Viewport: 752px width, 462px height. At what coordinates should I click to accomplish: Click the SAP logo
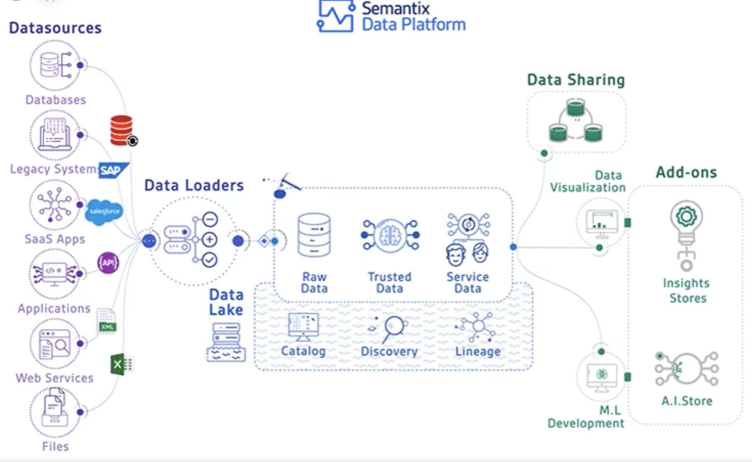pos(113,170)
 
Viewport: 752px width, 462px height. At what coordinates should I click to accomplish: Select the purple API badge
pos(108,263)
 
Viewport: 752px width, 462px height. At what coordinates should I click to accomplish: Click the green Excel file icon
pos(121,364)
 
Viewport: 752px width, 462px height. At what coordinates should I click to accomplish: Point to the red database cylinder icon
pos(122,130)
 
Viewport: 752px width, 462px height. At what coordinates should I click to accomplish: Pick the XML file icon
pos(107,321)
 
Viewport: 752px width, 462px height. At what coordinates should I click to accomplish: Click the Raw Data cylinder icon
pos(314,235)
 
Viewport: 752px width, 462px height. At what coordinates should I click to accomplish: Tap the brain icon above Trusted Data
pos(390,235)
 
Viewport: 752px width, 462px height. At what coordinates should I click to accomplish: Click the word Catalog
pos(303,351)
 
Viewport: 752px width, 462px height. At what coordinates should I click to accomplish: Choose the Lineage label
pos(478,351)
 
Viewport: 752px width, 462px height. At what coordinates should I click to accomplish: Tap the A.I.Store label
pos(687,401)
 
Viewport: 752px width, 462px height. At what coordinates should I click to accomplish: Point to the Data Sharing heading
pos(576,80)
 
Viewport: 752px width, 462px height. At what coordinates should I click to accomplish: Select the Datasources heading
pos(55,28)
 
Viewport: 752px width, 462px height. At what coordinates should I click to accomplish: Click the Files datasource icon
pos(54,411)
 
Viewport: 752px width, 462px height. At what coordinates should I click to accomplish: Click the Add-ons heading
pos(686,172)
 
